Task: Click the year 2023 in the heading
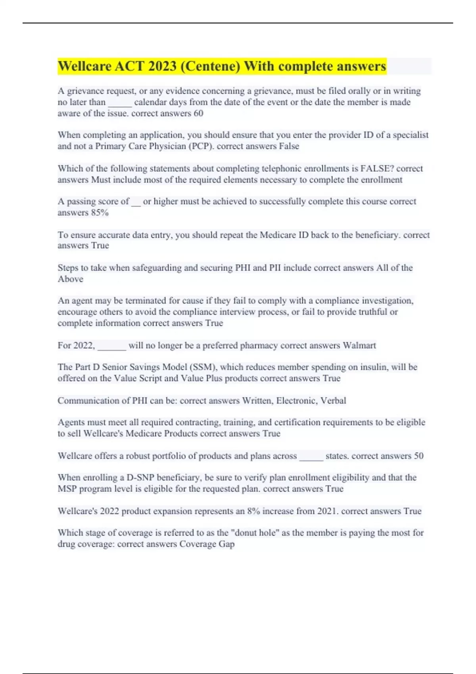pyautogui.click(x=162, y=66)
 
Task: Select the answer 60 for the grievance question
pyautogui.click(x=198, y=113)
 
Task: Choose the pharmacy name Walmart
pyautogui.click(x=359, y=345)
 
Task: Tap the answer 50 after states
pyautogui.click(x=418, y=456)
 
